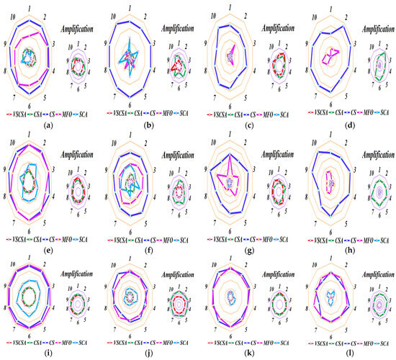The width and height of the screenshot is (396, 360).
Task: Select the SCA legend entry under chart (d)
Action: [x=383, y=114]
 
